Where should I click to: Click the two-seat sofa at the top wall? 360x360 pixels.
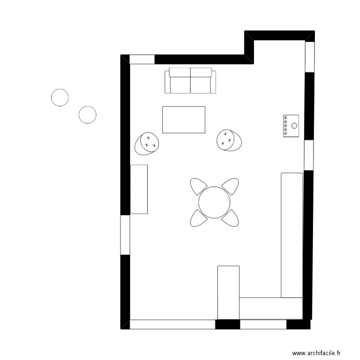pos(191,81)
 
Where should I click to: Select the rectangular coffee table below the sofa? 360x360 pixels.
pos(184,120)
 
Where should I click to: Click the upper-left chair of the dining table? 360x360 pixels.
pos(198,186)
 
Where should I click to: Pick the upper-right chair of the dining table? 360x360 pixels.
pos(230,186)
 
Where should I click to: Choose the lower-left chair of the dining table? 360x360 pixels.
pos(198,218)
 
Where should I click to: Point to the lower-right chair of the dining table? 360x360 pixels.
pos(230,218)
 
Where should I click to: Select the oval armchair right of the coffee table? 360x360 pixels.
pos(229,140)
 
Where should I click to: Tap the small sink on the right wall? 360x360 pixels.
pos(291,126)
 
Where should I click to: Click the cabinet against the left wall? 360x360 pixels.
pos(139,189)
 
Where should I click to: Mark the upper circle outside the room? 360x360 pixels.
pos(60,97)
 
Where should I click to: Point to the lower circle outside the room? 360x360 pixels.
pos(87,115)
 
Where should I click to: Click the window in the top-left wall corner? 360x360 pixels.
pos(142,60)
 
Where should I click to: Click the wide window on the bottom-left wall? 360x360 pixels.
pos(172,324)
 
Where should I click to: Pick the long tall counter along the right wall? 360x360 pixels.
pos(292,235)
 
